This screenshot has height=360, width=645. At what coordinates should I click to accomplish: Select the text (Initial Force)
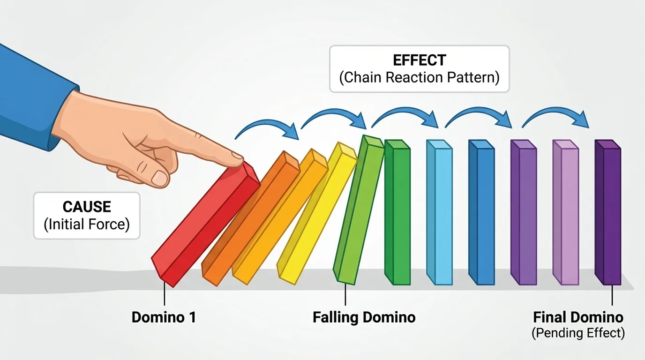tap(87, 224)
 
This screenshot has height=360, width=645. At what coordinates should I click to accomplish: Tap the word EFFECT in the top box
tap(419, 60)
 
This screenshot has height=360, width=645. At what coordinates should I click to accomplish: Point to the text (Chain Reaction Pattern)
tap(419, 77)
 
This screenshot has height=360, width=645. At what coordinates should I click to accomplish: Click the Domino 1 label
tap(164, 317)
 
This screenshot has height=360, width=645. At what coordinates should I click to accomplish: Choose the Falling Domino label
tap(364, 317)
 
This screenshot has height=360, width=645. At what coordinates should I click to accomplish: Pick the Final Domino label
tap(578, 317)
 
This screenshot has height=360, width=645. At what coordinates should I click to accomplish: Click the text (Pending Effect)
tap(578, 333)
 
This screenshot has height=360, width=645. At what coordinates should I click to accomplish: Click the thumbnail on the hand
tap(160, 178)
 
